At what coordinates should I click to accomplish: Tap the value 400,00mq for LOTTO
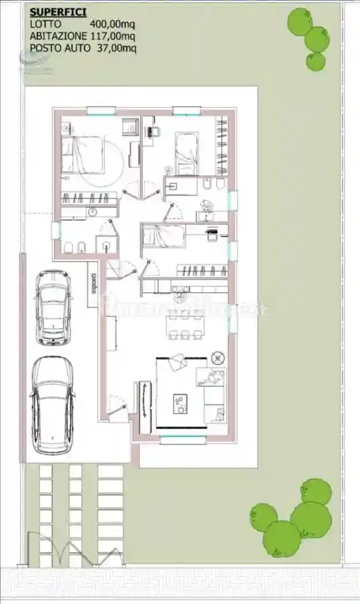tap(113, 24)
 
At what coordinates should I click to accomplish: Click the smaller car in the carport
tap(53, 308)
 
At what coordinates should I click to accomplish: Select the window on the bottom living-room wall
tap(183, 441)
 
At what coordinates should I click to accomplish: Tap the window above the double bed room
tap(101, 110)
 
